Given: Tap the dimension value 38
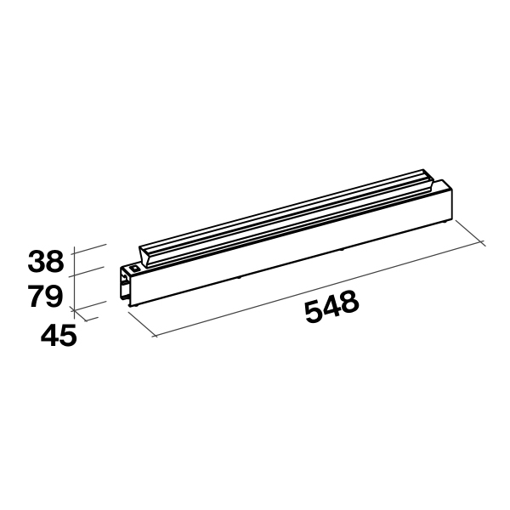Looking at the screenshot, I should (46, 260).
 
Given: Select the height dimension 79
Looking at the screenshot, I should (46, 297).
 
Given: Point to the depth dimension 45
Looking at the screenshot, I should (59, 336).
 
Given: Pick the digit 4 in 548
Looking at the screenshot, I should (332, 309).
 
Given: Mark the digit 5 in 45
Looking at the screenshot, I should (68, 336).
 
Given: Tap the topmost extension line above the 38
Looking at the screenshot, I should (89, 248).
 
